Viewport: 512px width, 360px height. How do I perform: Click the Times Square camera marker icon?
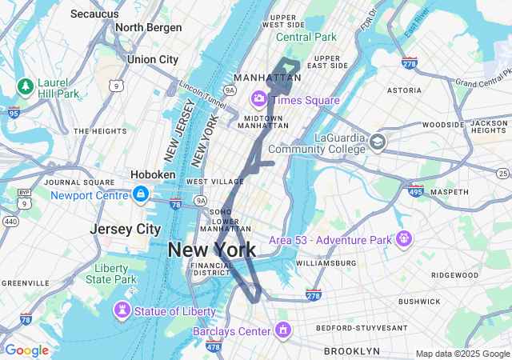(259, 99)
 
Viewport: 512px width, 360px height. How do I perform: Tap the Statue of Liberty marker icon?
(122, 310)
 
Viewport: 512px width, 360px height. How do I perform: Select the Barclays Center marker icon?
(282, 330)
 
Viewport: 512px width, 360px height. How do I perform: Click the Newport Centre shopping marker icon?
(140, 194)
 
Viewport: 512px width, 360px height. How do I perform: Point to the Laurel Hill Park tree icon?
(26, 86)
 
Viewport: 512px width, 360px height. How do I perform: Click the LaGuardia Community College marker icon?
(377, 142)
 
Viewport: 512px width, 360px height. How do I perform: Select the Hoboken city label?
(153, 174)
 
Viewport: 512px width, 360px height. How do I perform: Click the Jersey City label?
(125, 229)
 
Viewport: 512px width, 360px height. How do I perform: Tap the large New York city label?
(212, 250)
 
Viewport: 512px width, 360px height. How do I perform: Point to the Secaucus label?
(94, 14)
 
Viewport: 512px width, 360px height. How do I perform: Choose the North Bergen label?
(148, 27)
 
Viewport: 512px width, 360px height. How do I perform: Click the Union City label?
(152, 59)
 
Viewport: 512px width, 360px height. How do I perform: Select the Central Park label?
(306, 37)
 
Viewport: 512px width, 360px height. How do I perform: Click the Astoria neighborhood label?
(404, 90)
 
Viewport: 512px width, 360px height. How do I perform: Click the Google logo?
(26, 350)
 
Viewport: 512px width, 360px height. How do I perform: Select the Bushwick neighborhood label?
(419, 302)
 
